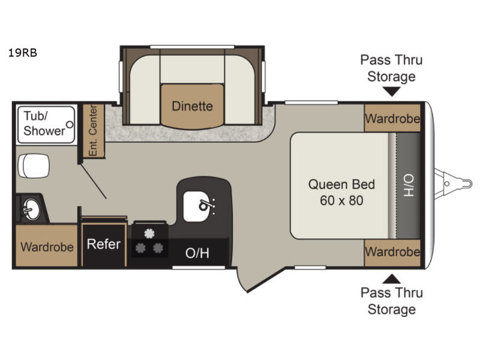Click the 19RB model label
22,53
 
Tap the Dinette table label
192,106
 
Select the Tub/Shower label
44,124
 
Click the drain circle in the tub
70,125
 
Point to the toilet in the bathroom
34,166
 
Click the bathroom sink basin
31,209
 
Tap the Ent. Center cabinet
94,131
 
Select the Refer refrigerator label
103,244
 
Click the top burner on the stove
149,233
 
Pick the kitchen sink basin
198,206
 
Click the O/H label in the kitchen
197,253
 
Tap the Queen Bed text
341,184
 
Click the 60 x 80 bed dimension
341,200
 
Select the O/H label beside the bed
409,185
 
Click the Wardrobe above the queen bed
392,118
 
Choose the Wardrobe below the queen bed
392,253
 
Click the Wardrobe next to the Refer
47,246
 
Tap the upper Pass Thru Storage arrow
392,92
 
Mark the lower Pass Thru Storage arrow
392,278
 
